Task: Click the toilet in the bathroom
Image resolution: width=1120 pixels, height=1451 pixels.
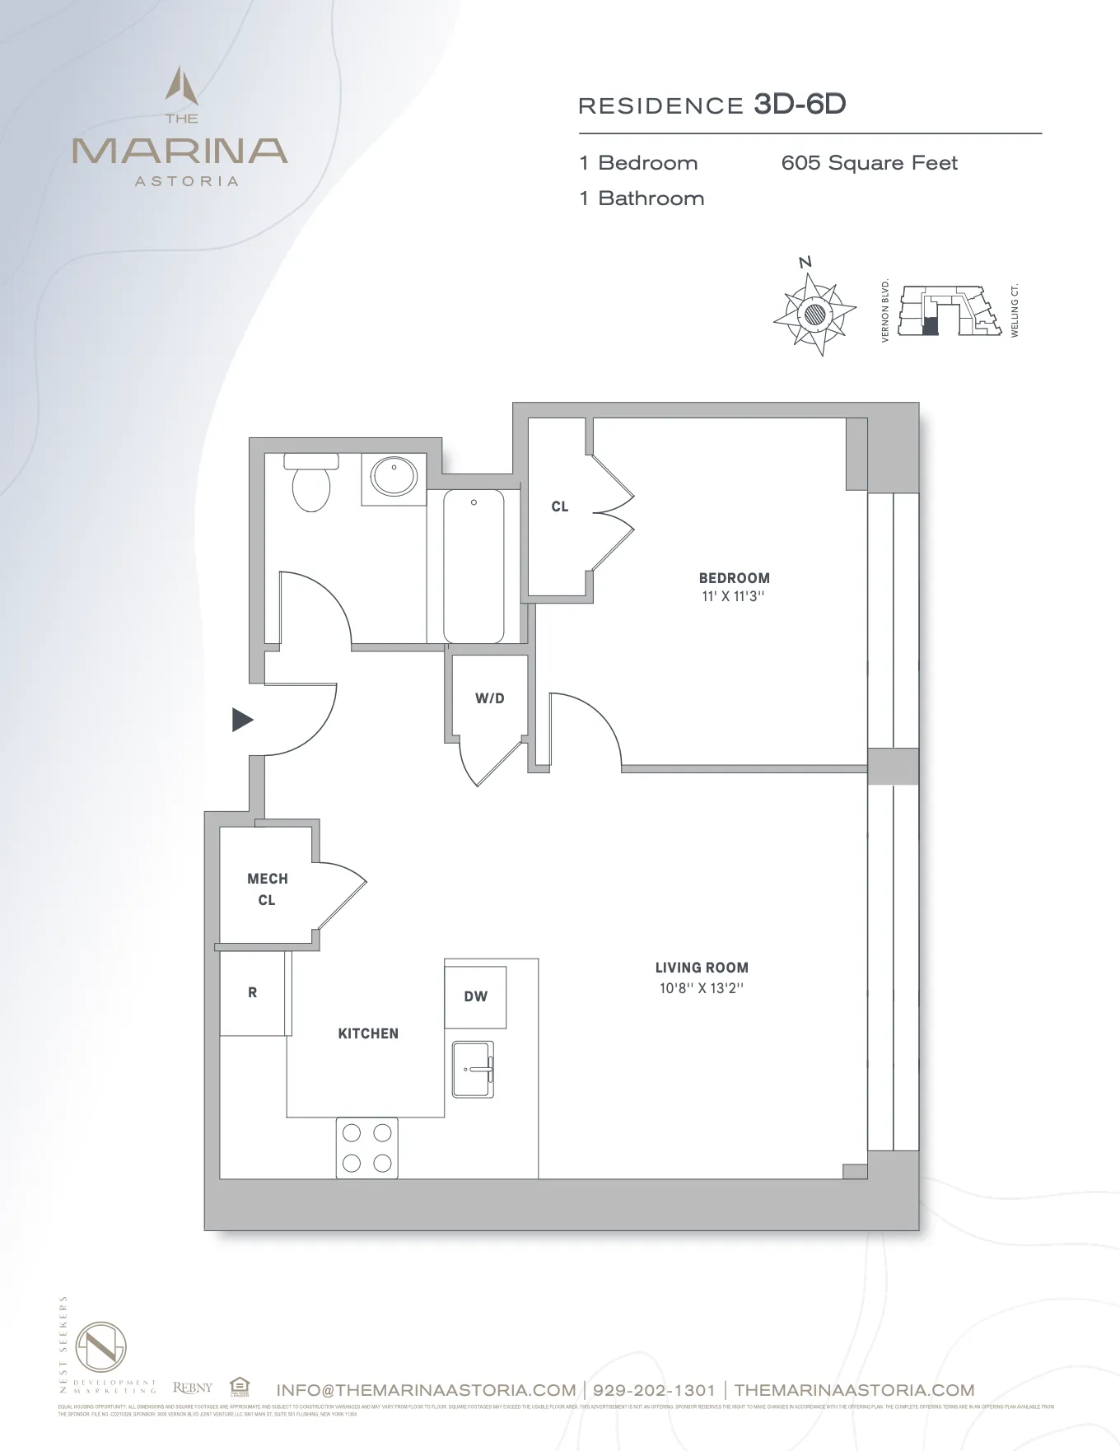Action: (x=311, y=483)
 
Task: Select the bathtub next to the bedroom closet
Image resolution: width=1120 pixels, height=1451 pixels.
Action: (x=474, y=566)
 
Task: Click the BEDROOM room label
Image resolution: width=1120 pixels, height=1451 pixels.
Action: (x=734, y=578)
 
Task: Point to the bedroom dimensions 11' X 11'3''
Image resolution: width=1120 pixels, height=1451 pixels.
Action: (x=733, y=596)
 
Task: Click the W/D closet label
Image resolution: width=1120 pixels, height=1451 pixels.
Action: (x=489, y=698)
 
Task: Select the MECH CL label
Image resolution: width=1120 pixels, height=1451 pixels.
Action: (x=267, y=889)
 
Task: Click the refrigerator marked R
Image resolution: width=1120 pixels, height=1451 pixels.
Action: (x=253, y=992)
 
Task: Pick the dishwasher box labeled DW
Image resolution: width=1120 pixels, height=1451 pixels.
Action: (x=475, y=996)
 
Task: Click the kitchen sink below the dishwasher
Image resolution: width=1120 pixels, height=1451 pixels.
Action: (x=473, y=1069)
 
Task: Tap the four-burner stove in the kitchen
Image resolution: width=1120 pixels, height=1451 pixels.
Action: (x=366, y=1148)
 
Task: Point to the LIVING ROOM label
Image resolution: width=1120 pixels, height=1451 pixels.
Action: (x=702, y=968)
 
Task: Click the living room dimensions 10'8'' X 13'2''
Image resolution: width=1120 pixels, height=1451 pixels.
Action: (x=701, y=988)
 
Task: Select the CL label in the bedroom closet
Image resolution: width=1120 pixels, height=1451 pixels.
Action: (x=560, y=506)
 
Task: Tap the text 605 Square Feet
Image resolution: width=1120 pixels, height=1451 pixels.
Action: (x=869, y=163)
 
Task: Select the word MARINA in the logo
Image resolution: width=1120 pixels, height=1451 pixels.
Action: (x=180, y=151)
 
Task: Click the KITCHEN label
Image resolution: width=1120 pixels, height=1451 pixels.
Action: (x=368, y=1033)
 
